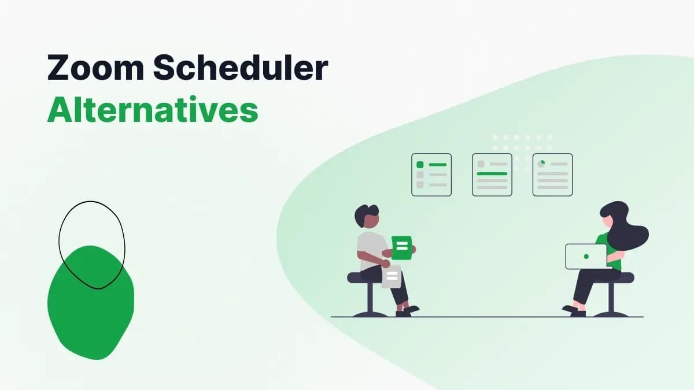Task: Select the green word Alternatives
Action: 152,110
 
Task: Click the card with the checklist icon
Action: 431,174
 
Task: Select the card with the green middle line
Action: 492,174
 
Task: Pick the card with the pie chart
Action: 552,174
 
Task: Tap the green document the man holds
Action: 402,247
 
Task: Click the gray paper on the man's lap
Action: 392,277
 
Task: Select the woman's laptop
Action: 586,256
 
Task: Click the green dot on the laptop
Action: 586,256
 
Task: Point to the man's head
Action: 367,217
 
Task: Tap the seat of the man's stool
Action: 364,278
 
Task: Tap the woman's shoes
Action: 573,311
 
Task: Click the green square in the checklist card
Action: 420,165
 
